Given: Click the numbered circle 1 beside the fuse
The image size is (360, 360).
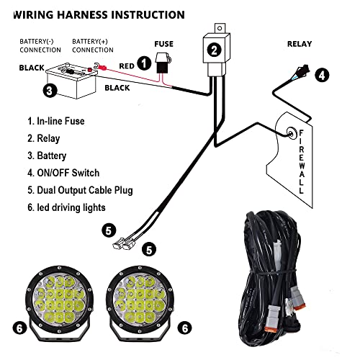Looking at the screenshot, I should pos(144,63).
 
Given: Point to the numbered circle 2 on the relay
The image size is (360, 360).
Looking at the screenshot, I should pos(214,50).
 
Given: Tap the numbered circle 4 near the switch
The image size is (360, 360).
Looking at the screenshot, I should pos(321,74).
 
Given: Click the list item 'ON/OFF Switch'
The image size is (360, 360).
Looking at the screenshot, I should pos(63,173).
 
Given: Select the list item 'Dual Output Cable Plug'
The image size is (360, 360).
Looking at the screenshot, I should pos(81,190).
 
